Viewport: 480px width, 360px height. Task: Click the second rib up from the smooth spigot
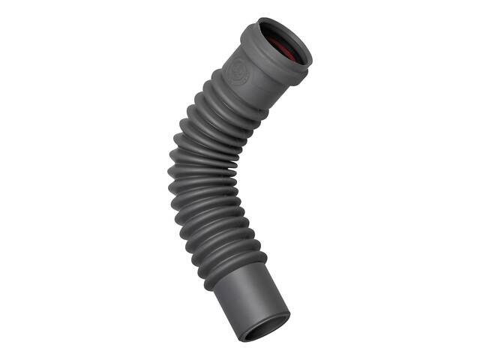pyautogui.click(x=225, y=251)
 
